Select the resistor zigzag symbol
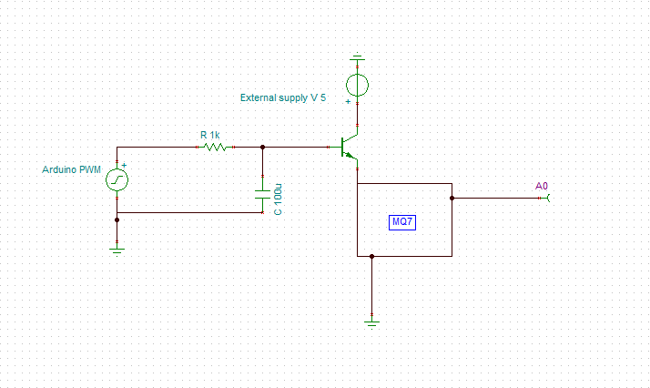click(215, 146)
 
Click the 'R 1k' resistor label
click(211, 134)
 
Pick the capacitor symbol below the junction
click(263, 193)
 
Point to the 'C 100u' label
click(278, 199)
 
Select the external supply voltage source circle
click(358, 86)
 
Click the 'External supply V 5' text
click(283, 97)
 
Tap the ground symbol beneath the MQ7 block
click(372, 321)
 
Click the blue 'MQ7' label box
click(403, 221)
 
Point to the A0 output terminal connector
click(548, 197)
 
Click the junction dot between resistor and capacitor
click(263, 146)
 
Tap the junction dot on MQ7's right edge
click(452, 197)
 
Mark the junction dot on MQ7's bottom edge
click(372, 256)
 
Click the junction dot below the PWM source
click(117, 219)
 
